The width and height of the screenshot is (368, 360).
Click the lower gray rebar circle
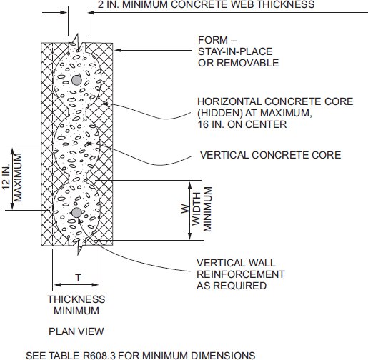(76, 212)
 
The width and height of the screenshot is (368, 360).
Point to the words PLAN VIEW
(76, 331)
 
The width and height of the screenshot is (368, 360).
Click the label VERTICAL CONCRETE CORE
(259, 154)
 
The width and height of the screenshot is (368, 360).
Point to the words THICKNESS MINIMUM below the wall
(76, 305)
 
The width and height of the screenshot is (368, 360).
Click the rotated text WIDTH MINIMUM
(203, 209)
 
